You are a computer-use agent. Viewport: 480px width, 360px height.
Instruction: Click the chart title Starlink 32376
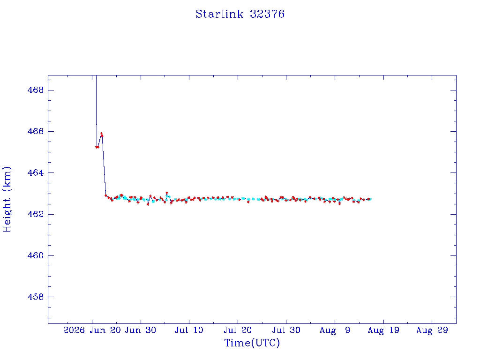click(240, 14)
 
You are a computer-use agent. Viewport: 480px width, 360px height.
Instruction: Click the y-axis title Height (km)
click(7, 199)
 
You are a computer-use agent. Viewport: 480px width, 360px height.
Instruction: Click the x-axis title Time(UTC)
click(252, 343)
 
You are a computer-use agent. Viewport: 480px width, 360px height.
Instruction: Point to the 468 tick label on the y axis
click(36, 90)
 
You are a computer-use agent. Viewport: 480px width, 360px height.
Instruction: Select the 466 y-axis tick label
click(36, 131)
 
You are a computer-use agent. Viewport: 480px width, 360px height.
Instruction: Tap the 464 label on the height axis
click(36, 172)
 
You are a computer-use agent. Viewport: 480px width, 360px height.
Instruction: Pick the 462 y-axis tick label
click(36, 214)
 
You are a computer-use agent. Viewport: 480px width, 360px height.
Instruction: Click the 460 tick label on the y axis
click(36, 255)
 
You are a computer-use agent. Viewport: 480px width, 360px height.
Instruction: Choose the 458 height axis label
click(36, 297)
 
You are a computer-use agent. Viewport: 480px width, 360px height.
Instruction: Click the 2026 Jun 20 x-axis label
click(92, 330)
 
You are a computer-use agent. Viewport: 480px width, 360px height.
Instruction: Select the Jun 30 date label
click(141, 330)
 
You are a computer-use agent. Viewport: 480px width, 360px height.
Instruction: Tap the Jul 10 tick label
click(189, 330)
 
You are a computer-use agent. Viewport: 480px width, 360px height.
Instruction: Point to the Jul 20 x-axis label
click(238, 330)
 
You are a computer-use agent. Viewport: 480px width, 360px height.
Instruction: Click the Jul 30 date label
click(286, 330)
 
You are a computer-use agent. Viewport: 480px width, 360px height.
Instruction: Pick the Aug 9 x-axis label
click(335, 330)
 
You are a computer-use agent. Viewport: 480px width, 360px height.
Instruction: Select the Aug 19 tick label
click(383, 330)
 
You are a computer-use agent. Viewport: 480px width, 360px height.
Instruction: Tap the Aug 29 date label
click(432, 330)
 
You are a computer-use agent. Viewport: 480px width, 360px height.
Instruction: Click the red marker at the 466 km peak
click(102, 135)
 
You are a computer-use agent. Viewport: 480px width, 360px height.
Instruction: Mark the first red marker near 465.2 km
click(97, 147)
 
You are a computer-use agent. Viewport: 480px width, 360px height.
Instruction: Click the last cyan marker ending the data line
click(370, 199)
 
